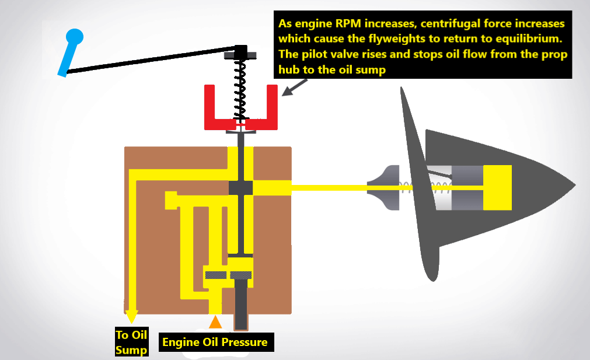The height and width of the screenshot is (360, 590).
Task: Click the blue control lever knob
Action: click(74, 37)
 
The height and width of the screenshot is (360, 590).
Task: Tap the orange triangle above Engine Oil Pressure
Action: click(215, 321)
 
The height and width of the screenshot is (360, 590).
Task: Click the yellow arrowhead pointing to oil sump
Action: click(132, 316)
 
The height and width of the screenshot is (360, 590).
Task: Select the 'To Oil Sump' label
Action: click(131, 342)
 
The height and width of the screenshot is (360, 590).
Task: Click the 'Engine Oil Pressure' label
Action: click(215, 342)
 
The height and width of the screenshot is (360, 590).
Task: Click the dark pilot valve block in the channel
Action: click(240, 188)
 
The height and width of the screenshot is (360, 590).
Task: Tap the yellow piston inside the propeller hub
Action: click(497, 187)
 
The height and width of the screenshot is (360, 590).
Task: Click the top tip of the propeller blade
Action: click(402, 91)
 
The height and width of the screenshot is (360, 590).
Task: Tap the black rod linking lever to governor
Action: click(152, 60)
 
